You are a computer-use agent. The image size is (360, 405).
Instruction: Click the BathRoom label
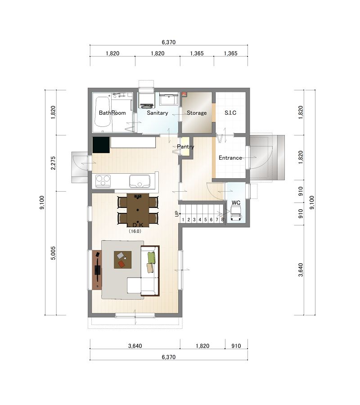pyautogui.click(x=112, y=113)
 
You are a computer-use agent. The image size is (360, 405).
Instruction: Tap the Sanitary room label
pyautogui.click(x=157, y=113)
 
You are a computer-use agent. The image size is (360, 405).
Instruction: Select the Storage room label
pyautogui.click(x=197, y=113)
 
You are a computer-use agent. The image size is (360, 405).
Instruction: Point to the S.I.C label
pyautogui.click(x=230, y=113)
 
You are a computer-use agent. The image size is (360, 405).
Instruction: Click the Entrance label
pyautogui.click(x=230, y=158)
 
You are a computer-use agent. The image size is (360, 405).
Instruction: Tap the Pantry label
pyautogui.click(x=185, y=147)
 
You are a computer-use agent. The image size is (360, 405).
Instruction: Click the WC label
pyautogui.click(x=236, y=203)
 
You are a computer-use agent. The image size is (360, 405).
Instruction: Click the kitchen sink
pyautogui.click(x=139, y=181)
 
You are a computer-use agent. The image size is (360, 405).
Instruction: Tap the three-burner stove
pyautogui.click(x=103, y=181)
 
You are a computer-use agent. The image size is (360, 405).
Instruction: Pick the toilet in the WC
pyautogui.click(x=236, y=214)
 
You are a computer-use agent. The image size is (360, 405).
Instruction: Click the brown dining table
pyautogui.click(x=138, y=210)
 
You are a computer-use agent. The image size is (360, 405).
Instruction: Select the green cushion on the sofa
pyautogui.click(x=152, y=257)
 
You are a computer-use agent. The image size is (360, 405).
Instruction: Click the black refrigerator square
pyautogui.click(x=101, y=145)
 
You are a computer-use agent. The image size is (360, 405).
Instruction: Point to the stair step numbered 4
pyautogui.click(x=200, y=220)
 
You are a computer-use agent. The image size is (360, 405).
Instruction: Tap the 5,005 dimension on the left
pyautogui.click(x=53, y=253)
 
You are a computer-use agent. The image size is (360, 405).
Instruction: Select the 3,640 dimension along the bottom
pyautogui.click(x=135, y=346)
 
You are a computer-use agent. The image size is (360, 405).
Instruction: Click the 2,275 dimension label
pyautogui.click(x=53, y=163)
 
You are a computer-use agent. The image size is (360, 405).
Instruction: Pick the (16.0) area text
pyautogui.click(x=135, y=231)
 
